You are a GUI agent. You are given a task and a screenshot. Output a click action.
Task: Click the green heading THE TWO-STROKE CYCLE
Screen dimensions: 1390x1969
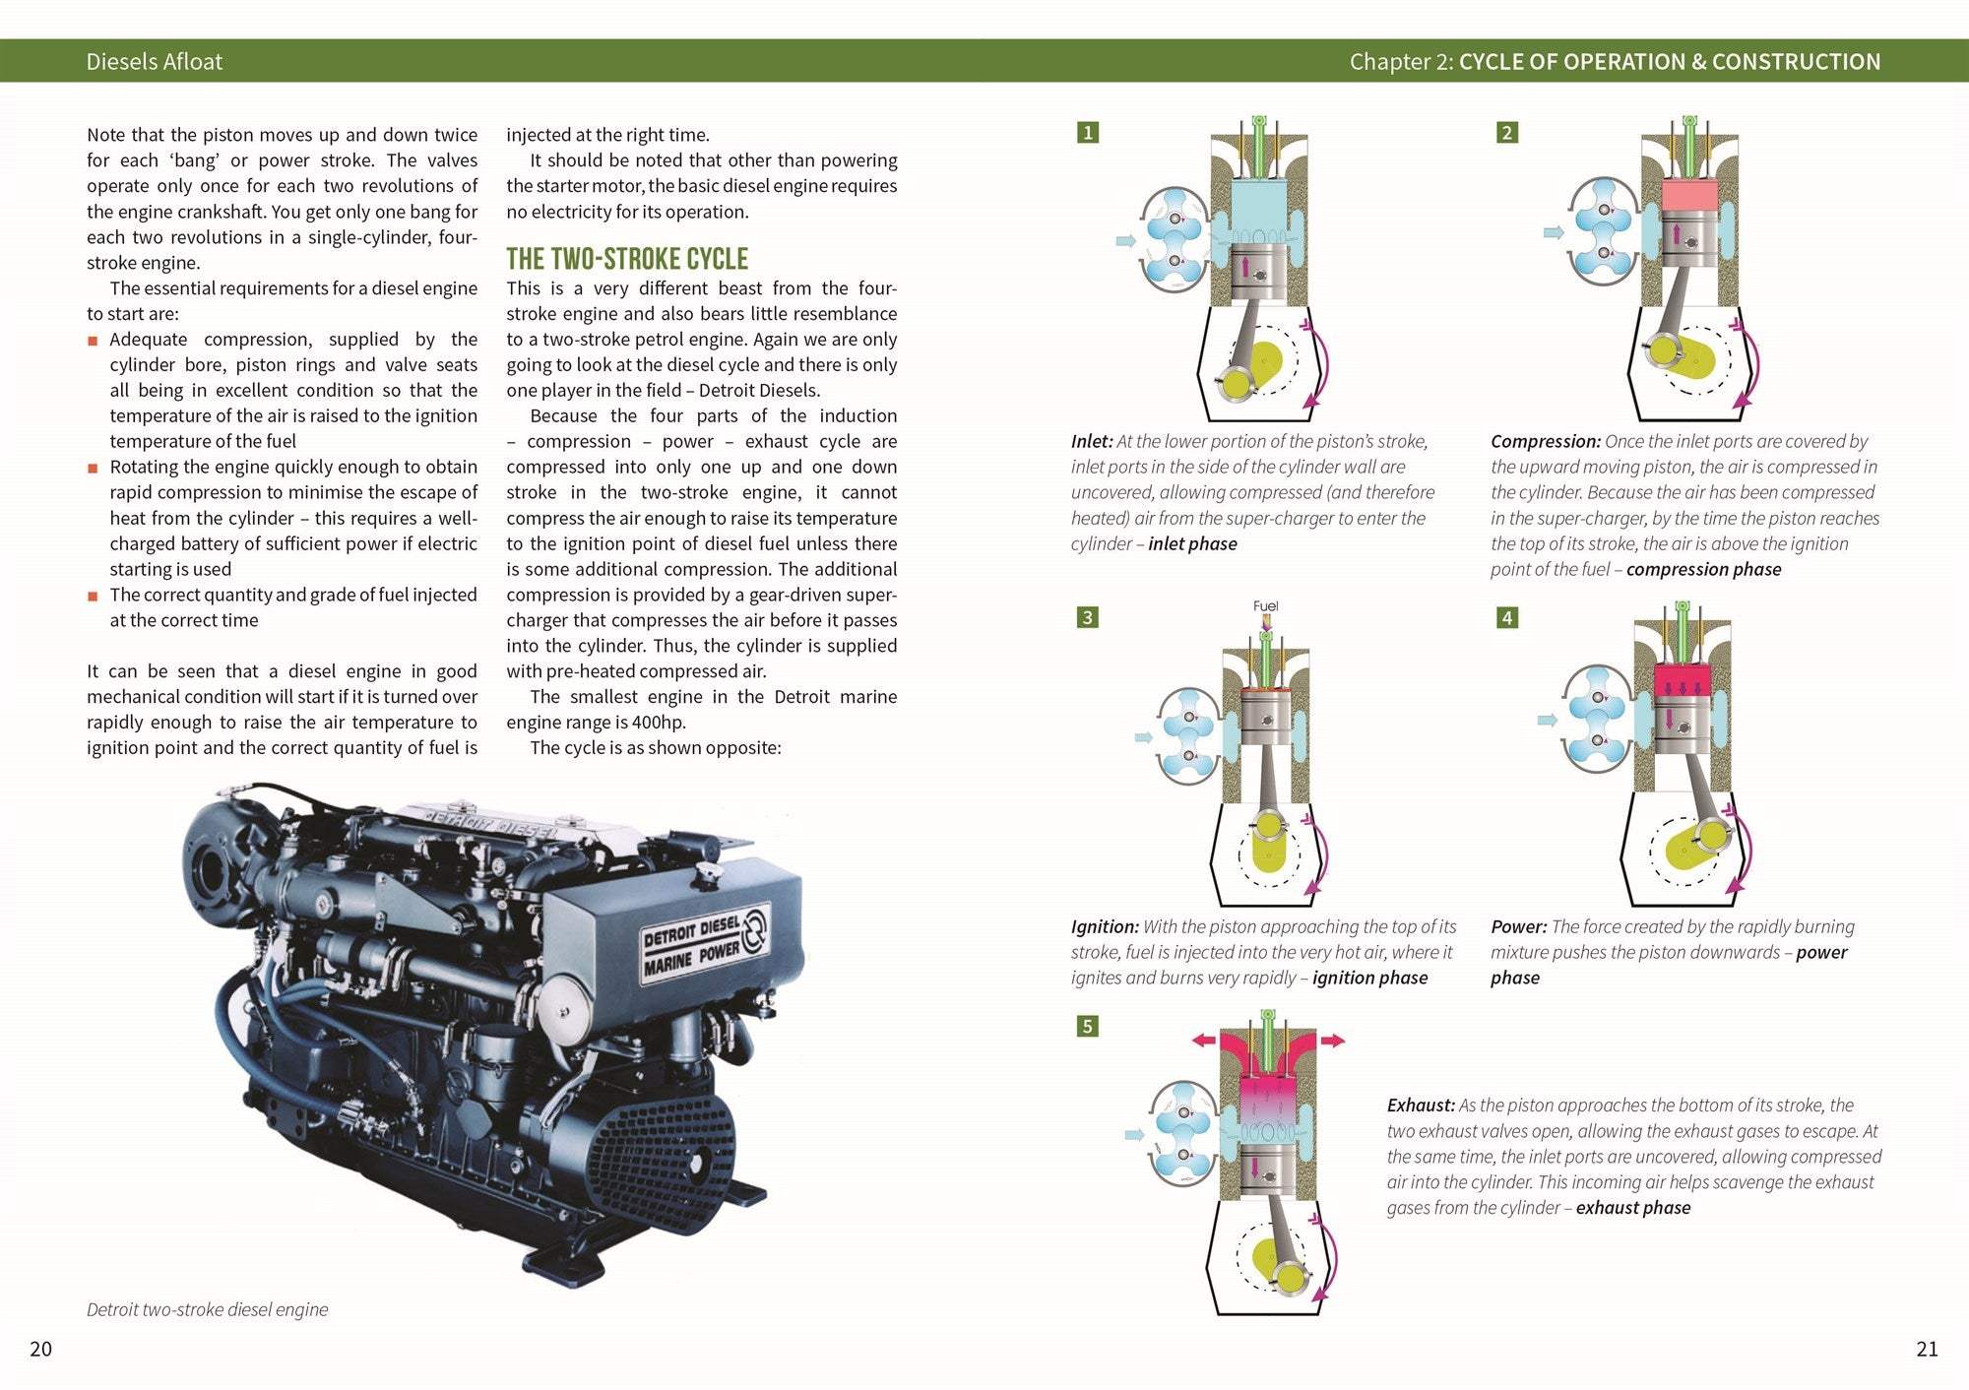click(627, 259)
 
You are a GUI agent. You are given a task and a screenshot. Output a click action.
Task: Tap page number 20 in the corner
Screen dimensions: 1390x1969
click(40, 1349)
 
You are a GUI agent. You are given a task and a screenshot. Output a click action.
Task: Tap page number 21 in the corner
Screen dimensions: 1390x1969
click(1927, 1349)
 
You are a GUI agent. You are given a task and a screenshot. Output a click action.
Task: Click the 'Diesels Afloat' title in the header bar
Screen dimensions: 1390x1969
click(155, 61)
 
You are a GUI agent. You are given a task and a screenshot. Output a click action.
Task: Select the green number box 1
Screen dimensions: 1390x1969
click(1087, 132)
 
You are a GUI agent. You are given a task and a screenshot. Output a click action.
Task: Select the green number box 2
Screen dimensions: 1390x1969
click(1506, 132)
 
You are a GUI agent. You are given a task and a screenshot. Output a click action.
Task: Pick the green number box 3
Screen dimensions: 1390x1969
click(1087, 617)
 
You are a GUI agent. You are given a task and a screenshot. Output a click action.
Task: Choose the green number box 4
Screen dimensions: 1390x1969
click(1506, 617)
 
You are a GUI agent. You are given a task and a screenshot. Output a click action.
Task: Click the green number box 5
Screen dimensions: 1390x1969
click(1087, 1026)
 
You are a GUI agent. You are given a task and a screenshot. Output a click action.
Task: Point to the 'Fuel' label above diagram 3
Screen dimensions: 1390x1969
click(1265, 605)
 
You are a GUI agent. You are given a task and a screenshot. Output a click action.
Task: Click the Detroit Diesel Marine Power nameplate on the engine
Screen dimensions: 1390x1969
click(704, 942)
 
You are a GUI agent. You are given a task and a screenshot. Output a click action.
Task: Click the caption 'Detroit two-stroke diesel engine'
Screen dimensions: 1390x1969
click(207, 1309)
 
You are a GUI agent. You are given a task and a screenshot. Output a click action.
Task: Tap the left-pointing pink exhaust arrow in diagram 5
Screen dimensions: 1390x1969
click(1203, 1040)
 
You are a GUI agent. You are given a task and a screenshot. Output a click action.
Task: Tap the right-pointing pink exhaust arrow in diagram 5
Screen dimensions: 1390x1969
click(1333, 1040)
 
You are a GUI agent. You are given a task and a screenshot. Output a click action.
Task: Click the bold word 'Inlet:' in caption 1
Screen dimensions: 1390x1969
click(1092, 441)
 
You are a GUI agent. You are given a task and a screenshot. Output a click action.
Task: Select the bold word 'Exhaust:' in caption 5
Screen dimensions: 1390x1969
click(1420, 1105)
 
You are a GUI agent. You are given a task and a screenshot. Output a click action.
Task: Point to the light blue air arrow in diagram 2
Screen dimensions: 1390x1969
click(1553, 233)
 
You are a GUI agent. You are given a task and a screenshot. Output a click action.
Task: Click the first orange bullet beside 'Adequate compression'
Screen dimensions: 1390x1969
click(93, 341)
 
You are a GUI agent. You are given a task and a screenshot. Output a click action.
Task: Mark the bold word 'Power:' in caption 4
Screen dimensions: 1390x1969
click(1518, 926)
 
